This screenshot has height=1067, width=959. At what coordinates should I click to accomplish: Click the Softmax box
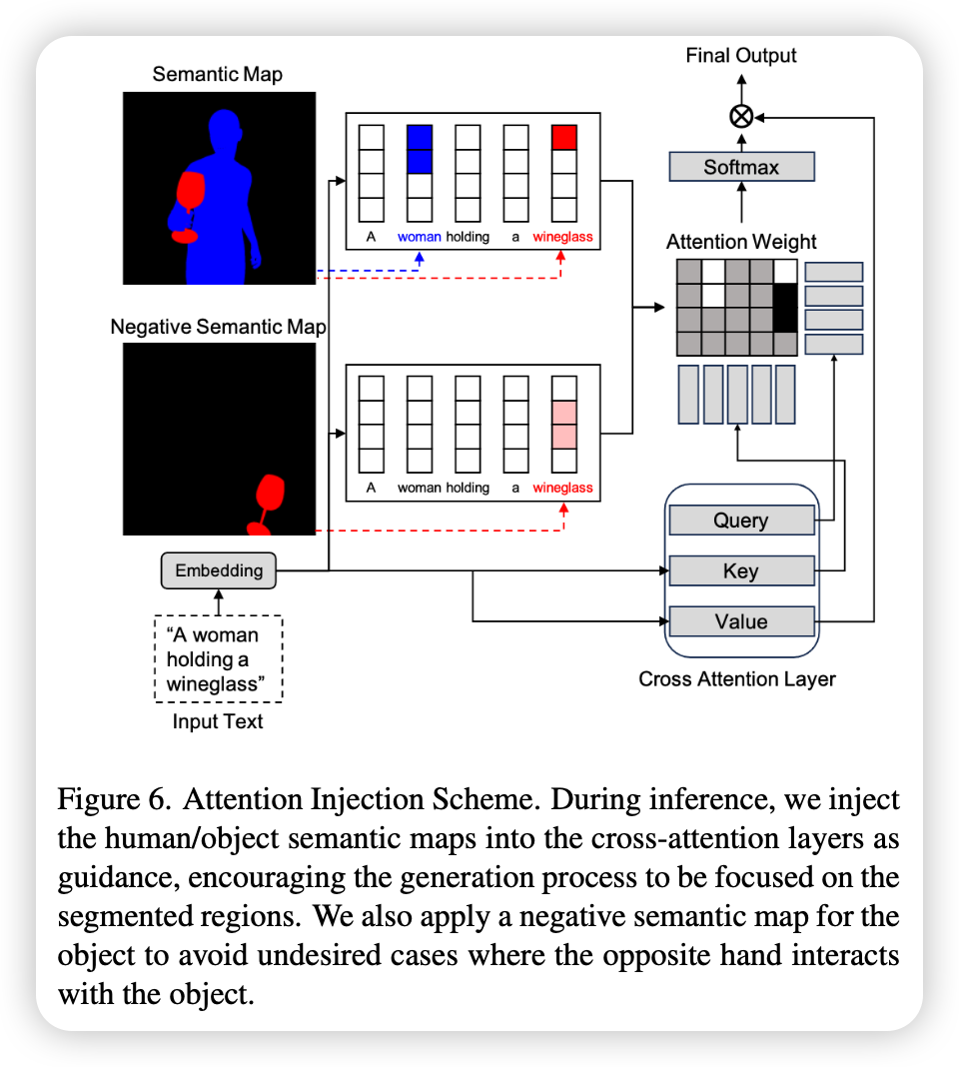741,167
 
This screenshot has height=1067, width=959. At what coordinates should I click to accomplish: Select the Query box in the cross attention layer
741,521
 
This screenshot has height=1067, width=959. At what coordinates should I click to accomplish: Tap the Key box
741,570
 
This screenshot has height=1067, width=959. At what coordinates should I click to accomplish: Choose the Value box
741,621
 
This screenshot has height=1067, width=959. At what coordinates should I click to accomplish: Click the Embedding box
219,570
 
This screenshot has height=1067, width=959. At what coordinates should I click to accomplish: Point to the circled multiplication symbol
741,116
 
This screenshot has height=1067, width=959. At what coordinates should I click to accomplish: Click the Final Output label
740,55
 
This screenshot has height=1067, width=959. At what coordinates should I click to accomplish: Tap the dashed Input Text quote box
219,658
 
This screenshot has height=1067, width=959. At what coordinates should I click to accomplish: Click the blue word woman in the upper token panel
420,237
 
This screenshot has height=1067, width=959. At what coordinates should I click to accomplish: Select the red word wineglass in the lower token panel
562,488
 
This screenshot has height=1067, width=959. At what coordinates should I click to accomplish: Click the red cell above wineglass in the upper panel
564,137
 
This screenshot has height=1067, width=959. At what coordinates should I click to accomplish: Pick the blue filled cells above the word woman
420,149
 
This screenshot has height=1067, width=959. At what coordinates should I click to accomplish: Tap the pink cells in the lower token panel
564,425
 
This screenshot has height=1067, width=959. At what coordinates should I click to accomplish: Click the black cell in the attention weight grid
785,308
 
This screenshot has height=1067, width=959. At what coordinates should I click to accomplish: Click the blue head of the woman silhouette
225,132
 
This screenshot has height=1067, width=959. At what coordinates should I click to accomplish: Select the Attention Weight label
741,242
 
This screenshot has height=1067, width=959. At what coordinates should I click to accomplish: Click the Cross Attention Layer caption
737,679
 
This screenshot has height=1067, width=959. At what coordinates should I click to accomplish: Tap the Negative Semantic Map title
219,327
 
